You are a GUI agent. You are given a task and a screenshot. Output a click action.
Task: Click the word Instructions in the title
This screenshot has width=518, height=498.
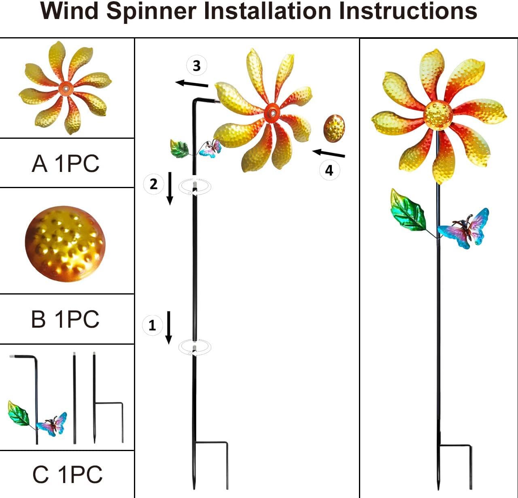(x=408, y=11)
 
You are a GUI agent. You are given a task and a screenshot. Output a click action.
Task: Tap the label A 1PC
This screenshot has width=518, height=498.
(x=66, y=163)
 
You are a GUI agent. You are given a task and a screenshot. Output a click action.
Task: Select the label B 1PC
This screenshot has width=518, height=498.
(x=65, y=319)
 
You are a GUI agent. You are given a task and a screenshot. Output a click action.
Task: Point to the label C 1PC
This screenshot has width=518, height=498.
(x=67, y=474)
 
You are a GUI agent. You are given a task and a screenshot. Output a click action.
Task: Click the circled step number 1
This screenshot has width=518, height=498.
(x=152, y=325)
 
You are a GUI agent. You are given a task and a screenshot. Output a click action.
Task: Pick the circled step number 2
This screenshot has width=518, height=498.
(x=153, y=184)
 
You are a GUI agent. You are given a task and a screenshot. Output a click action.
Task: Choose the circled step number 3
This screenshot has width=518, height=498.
(x=196, y=66)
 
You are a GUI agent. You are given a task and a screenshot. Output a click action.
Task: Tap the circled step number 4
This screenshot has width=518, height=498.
(x=329, y=170)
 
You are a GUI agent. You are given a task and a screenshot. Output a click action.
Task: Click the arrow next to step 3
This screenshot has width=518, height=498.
(x=192, y=84)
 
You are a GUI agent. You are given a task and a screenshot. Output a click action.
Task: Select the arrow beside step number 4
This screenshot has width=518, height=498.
(x=329, y=153)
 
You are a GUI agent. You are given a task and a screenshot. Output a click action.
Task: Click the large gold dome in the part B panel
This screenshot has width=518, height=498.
(x=65, y=244)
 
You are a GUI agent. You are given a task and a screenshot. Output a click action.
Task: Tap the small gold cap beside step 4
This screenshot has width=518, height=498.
(x=334, y=128)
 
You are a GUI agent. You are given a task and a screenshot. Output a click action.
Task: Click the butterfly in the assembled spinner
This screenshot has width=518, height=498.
(x=465, y=229)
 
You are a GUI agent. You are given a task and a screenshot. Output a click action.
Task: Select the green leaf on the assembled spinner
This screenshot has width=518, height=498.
(x=408, y=211)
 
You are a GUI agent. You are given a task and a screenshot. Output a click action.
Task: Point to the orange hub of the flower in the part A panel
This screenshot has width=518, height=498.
(x=65, y=88)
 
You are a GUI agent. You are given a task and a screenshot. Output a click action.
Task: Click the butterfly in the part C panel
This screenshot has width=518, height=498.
(x=52, y=424)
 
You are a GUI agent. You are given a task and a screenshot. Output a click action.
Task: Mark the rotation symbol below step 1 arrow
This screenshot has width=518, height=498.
(x=195, y=348)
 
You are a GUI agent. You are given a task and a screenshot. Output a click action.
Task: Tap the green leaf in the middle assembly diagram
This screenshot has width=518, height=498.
(x=179, y=149)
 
